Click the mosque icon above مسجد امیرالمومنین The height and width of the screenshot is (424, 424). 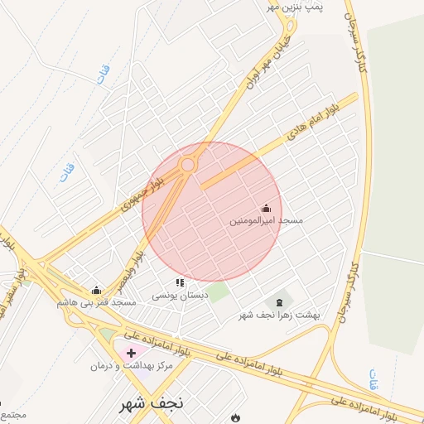[266, 209]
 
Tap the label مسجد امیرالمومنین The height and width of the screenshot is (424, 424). [267, 221]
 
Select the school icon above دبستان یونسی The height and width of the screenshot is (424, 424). [181, 282]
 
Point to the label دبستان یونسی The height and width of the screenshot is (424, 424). [179, 295]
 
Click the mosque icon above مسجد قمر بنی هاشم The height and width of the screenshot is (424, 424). [96, 290]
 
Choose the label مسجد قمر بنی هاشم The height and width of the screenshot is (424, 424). [97, 302]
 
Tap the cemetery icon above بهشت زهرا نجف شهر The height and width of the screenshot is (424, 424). [278, 301]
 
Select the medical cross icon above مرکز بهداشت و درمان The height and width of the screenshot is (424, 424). [132, 353]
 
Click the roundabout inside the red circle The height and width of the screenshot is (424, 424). [188, 165]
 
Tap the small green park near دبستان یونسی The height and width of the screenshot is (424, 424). [218, 292]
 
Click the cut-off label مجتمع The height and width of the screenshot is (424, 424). [12, 413]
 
